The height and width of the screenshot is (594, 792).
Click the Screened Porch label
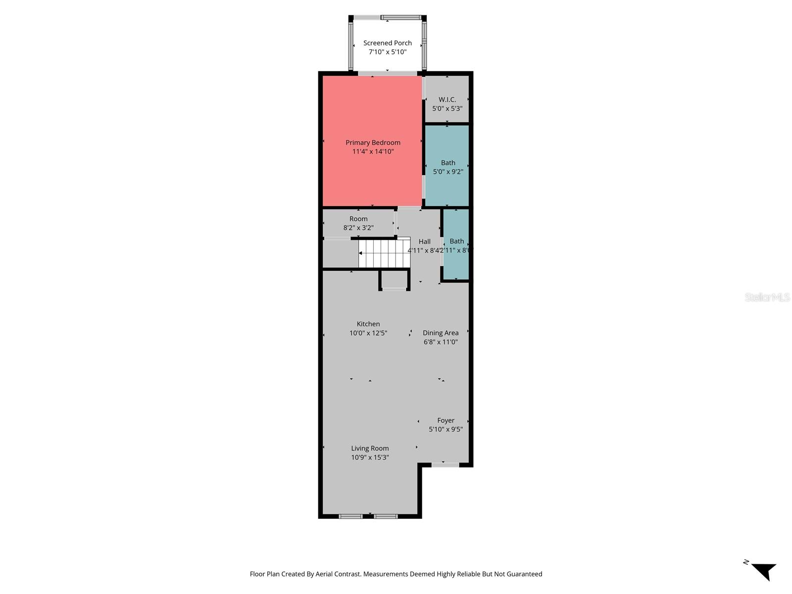click(x=388, y=43)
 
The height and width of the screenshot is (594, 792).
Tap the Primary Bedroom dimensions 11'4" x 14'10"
click(x=373, y=151)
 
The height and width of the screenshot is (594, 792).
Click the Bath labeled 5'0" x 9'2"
click(x=448, y=167)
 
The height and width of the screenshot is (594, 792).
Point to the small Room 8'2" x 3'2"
click(x=358, y=223)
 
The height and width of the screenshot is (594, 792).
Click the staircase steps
click(x=385, y=253)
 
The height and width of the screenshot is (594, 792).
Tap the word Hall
click(x=424, y=242)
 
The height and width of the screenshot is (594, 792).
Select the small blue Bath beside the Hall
click(x=456, y=245)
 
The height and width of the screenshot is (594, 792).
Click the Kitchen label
click(x=368, y=324)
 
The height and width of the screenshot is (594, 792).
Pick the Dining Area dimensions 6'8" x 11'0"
click(x=441, y=342)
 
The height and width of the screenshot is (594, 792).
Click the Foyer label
click(x=445, y=420)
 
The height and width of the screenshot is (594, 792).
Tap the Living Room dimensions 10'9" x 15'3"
click(x=370, y=457)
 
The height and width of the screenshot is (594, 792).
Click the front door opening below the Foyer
click(x=445, y=465)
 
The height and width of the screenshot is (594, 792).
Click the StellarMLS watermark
click(x=767, y=297)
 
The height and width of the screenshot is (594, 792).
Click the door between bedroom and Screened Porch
click(x=388, y=74)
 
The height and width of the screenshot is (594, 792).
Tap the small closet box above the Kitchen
click(x=394, y=280)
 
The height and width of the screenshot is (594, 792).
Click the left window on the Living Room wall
click(x=350, y=516)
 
